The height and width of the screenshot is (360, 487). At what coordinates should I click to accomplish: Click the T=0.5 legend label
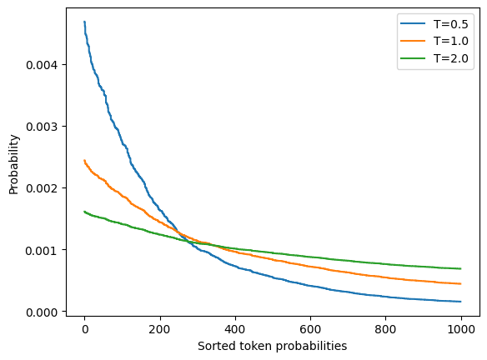[450, 24]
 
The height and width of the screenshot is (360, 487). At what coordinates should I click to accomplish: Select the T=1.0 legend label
[450, 41]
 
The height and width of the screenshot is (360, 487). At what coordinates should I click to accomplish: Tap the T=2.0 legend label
[450, 58]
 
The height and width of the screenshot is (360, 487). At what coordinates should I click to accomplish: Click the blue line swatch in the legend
[413, 23]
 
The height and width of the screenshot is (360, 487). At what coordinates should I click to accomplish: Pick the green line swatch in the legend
[413, 58]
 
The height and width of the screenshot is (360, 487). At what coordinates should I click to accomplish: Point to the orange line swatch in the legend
[413, 41]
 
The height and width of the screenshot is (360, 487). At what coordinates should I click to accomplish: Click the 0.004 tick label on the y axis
[42, 65]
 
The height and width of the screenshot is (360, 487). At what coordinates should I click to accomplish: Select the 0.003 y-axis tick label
[42, 127]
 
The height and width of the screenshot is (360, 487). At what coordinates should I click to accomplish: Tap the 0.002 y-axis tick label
[42, 188]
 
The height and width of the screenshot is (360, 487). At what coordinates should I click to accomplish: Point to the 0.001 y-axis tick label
[42, 251]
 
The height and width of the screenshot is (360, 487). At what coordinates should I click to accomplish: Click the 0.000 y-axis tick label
[42, 312]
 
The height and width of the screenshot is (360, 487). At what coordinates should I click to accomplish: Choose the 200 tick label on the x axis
[159, 329]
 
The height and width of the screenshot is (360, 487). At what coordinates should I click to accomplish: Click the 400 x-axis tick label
[235, 329]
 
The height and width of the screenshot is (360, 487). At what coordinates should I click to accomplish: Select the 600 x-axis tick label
[310, 329]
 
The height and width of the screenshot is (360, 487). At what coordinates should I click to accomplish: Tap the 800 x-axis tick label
[385, 329]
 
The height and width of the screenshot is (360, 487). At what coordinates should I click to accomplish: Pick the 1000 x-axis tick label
[461, 329]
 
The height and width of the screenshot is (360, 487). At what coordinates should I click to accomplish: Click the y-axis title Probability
[13, 164]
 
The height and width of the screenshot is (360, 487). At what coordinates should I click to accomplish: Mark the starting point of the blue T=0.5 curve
[84, 22]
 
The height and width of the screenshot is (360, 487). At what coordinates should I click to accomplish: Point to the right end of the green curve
[461, 268]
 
